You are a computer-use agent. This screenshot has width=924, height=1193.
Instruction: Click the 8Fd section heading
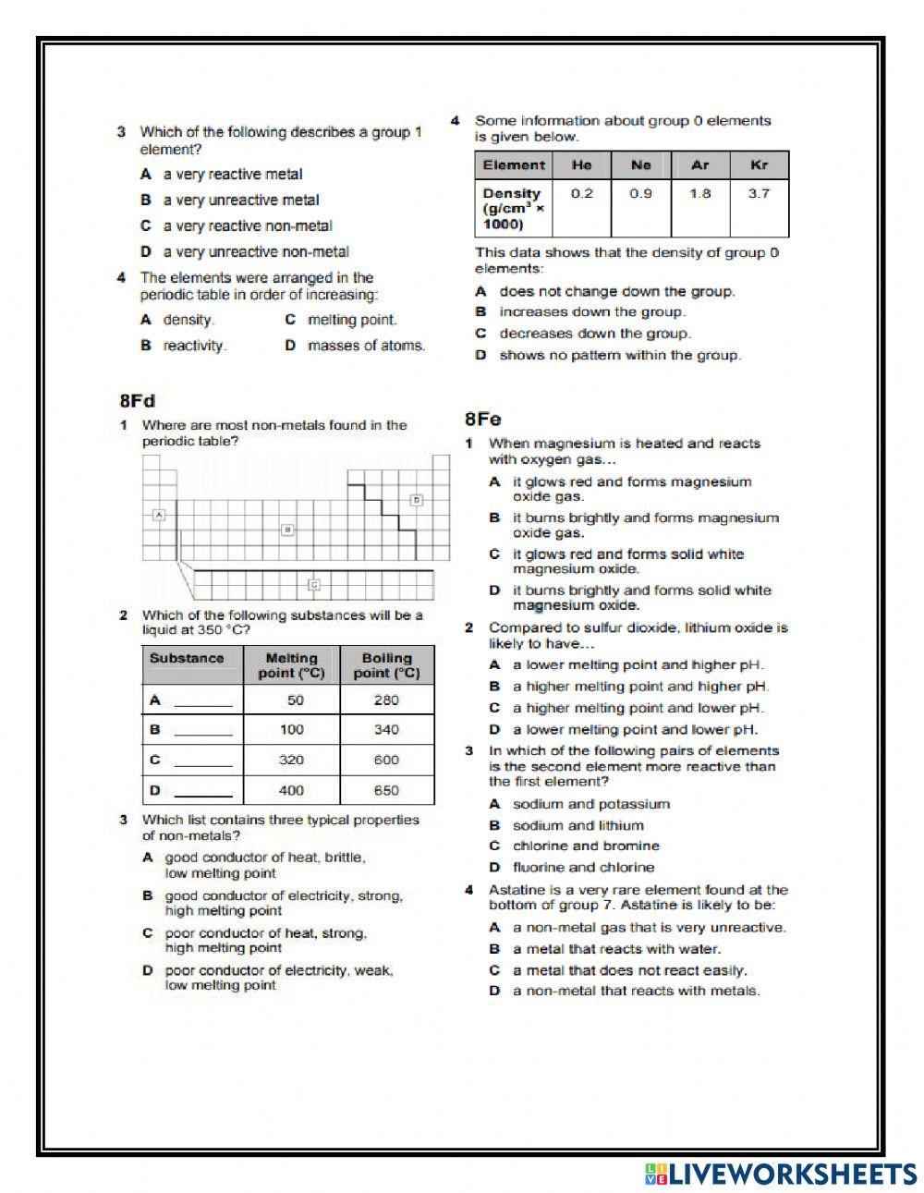(x=137, y=401)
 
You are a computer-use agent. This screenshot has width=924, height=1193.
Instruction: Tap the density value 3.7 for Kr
(x=759, y=194)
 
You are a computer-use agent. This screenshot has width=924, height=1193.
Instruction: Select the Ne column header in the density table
(x=640, y=165)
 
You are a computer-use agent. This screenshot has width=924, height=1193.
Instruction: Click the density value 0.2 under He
(x=581, y=194)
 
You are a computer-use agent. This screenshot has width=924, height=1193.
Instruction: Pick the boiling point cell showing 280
(x=386, y=700)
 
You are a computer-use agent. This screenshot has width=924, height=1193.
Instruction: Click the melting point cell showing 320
(x=291, y=761)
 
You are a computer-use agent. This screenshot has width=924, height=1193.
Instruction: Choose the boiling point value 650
(x=386, y=791)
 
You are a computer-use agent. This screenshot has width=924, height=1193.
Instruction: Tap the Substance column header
(x=187, y=659)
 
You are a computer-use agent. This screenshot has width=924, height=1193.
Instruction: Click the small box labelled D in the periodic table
(x=417, y=500)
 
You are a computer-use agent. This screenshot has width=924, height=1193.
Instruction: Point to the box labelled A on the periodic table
(x=159, y=515)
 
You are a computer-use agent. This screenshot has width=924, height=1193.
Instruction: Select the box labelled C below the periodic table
(x=314, y=584)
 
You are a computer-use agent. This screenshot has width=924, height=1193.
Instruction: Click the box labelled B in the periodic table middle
(x=287, y=530)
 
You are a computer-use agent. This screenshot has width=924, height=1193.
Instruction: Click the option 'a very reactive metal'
(x=232, y=175)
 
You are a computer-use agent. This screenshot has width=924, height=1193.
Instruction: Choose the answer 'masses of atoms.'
(x=366, y=346)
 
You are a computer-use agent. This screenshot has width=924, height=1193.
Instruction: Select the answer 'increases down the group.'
(x=591, y=312)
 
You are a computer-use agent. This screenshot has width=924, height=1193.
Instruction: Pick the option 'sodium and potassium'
(x=590, y=805)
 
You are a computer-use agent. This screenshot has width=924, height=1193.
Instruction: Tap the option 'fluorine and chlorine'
(x=583, y=868)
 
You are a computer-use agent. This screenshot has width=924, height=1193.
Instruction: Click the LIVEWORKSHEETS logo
(x=781, y=1174)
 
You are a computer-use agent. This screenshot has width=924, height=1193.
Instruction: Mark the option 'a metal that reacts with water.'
(x=616, y=949)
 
